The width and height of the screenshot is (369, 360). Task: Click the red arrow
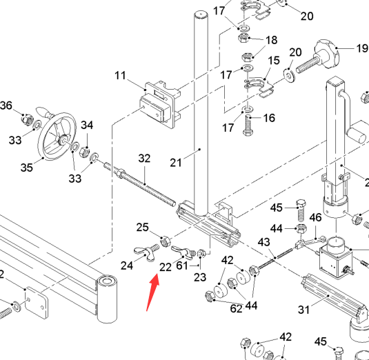pos(152,292)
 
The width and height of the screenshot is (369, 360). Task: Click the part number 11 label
pos(120,76)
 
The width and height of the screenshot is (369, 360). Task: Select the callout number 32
pos(144,159)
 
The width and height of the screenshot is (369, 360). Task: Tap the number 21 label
pos(176,163)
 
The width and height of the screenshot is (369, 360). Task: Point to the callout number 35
pos(27,168)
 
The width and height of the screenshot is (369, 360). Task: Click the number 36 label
pos(6,106)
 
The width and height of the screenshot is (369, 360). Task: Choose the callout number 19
pos(362,48)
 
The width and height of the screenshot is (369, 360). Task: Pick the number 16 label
pos(269,118)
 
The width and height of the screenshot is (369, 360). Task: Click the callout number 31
pos(303,310)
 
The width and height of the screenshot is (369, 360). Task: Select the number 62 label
pos(237,309)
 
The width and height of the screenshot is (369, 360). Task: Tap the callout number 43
pos(263,242)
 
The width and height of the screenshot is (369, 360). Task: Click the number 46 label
pos(315,218)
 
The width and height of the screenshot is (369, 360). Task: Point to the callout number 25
pos(142,228)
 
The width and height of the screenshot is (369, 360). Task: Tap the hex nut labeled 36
pos(27,119)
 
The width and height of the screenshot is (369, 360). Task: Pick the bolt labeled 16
pos(248,126)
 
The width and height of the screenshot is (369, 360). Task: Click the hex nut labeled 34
pos(85,152)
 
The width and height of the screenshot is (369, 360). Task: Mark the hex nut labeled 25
pos(165,241)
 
